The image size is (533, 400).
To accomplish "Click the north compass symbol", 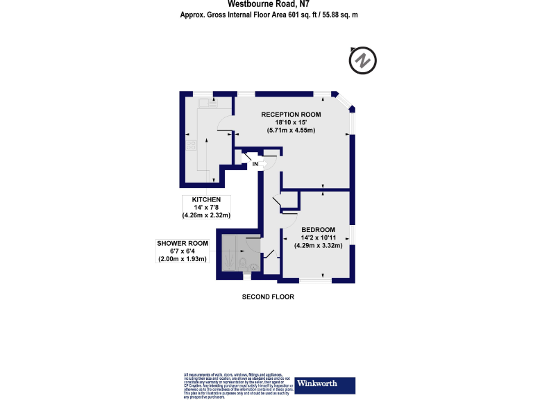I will pos(362,60).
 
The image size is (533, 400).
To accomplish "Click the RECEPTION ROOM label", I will pos(291,114).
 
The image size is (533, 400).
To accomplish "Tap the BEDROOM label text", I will pos(319,229).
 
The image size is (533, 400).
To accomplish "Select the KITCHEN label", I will pos(206,199).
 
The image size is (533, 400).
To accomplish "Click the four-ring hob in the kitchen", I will pos(191,145).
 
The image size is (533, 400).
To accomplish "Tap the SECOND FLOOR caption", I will pos(268,297).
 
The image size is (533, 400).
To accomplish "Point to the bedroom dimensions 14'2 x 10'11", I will pos(319,237).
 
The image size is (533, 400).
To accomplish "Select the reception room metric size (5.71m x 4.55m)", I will pos(291,130).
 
